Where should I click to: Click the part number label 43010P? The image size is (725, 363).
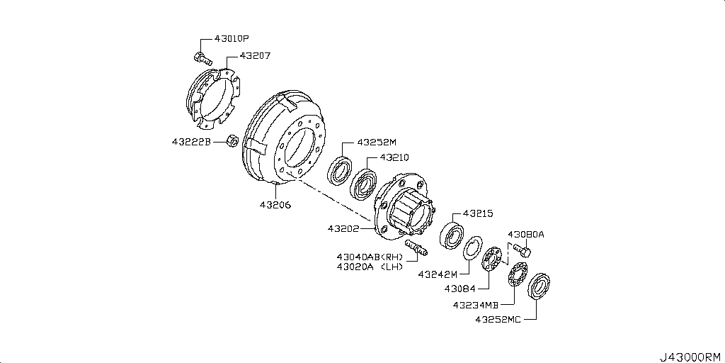(231, 40)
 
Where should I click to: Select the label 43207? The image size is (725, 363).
(255, 55)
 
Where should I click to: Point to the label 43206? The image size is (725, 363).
(275, 205)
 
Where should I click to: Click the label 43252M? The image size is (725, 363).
(377, 142)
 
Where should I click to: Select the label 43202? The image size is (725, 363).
(343, 229)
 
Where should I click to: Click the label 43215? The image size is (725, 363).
(478, 213)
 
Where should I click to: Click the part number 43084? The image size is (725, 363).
(461, 289)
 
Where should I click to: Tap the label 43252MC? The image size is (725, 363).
(498, 320)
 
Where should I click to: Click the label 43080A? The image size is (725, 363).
(525, 234)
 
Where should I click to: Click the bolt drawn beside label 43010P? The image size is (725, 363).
(200, 57)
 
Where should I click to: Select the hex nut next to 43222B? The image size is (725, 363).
(232, 143)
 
